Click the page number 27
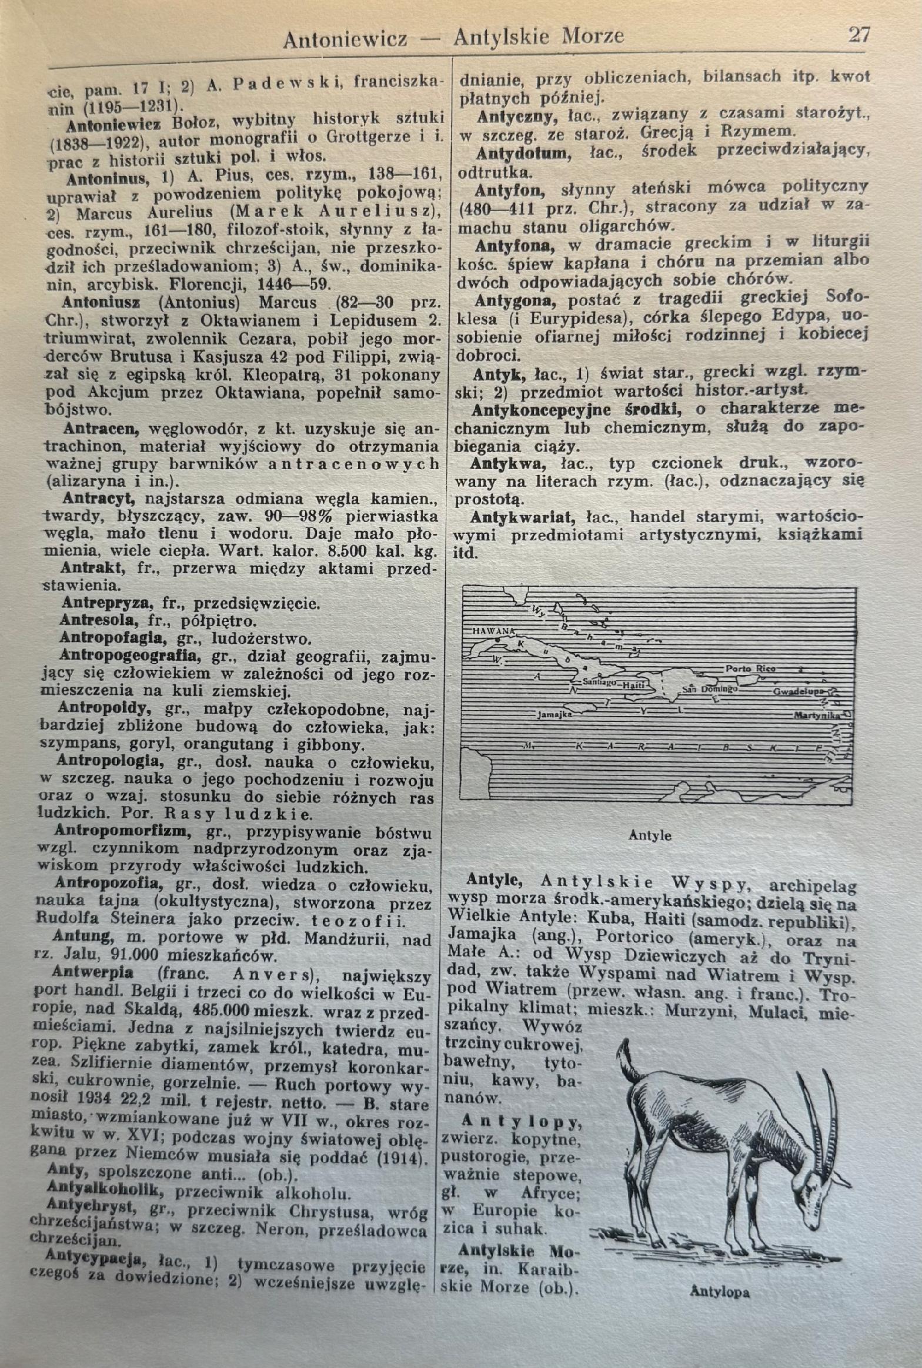(858, 35)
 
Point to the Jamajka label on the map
(554, 715)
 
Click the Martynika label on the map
(817, 715)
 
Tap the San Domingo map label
(710, 688)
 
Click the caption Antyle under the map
(649, 835)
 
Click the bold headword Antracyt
(99, 499)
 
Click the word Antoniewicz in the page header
(345, 39)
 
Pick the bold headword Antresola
(99, 620)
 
